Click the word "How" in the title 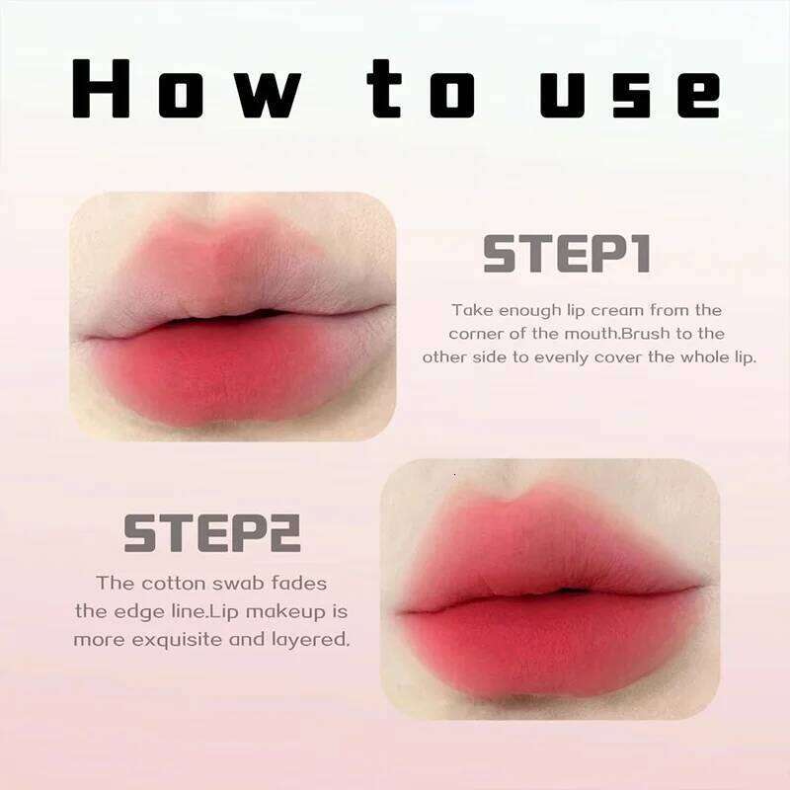coord(188,91)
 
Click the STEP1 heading coord(566,254)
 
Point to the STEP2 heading coord(212,533)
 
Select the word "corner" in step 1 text coord(479,334)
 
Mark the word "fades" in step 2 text coord(300,583)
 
